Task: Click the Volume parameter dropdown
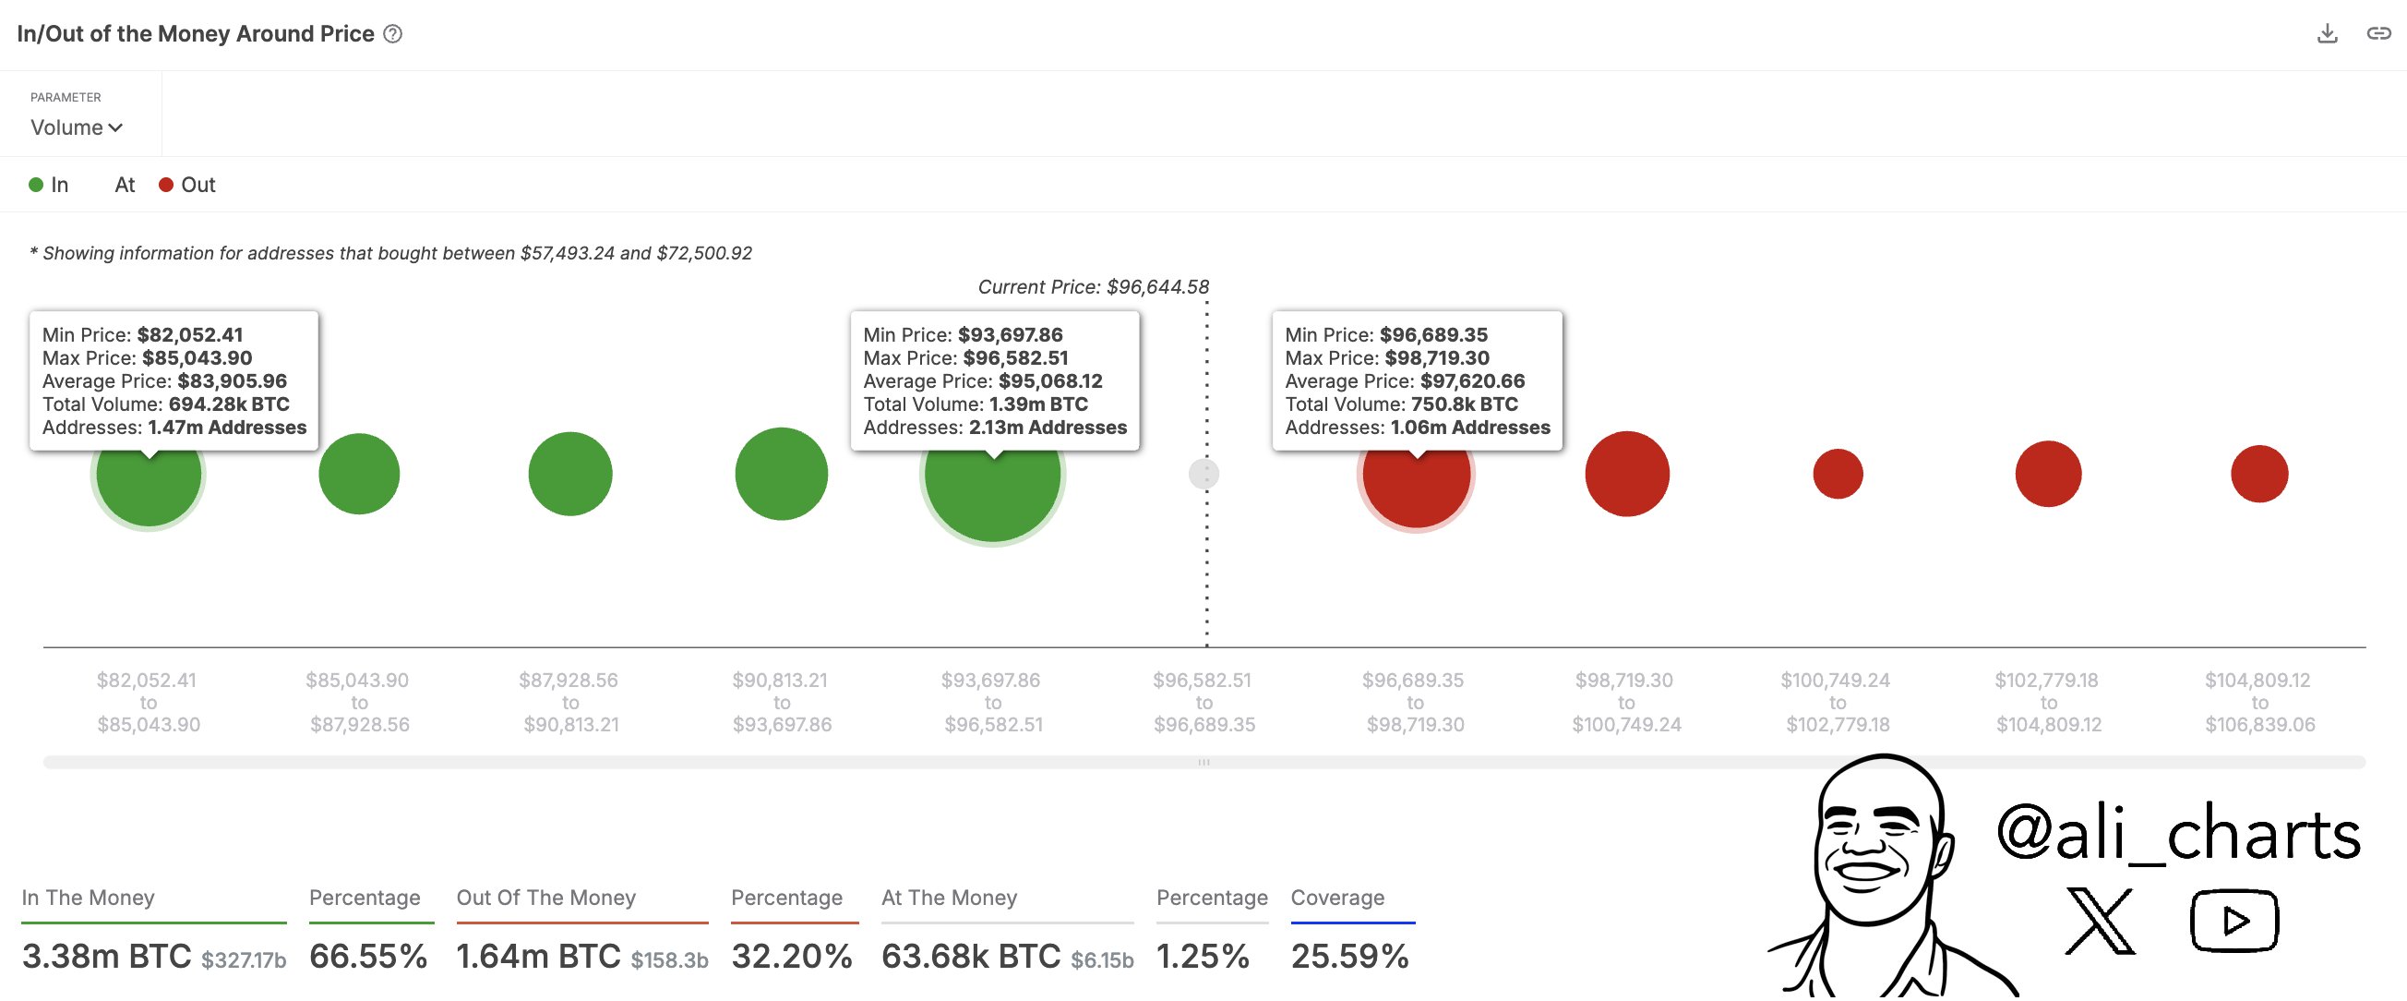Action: coord(76,127)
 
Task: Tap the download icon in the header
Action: coord(2327,33)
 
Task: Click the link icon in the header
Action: coord(2377,33)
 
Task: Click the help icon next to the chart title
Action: coord(393,34)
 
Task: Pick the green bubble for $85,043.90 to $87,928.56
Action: coord(359,474)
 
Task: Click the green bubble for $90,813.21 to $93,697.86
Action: coord(781,474)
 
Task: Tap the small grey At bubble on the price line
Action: coord(1203,475)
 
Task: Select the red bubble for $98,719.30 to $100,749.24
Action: coord(1627,474)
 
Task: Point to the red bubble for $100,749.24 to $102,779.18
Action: coord(1837,474)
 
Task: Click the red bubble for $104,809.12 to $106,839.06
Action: coord(2258,474)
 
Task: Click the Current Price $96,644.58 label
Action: coord(1093,287)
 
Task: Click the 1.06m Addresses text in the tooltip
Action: coord(1470,428)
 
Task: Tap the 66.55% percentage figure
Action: coord(368,956)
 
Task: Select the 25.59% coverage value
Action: coord(1349,956)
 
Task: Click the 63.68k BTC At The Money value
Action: coord(970,956)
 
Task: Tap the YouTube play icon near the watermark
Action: coord(2233,922)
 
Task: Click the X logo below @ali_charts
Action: coord(2100,922)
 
